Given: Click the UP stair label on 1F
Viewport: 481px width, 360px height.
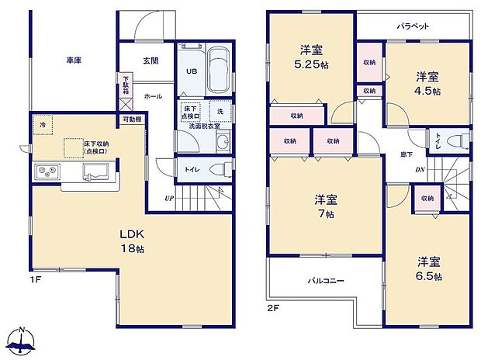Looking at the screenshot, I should point(168,199).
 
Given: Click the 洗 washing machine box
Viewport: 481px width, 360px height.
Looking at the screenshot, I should point(220,110).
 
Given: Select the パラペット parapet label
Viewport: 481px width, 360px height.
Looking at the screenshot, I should point(415,25).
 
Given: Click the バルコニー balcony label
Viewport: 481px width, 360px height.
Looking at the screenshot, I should point(325,282).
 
